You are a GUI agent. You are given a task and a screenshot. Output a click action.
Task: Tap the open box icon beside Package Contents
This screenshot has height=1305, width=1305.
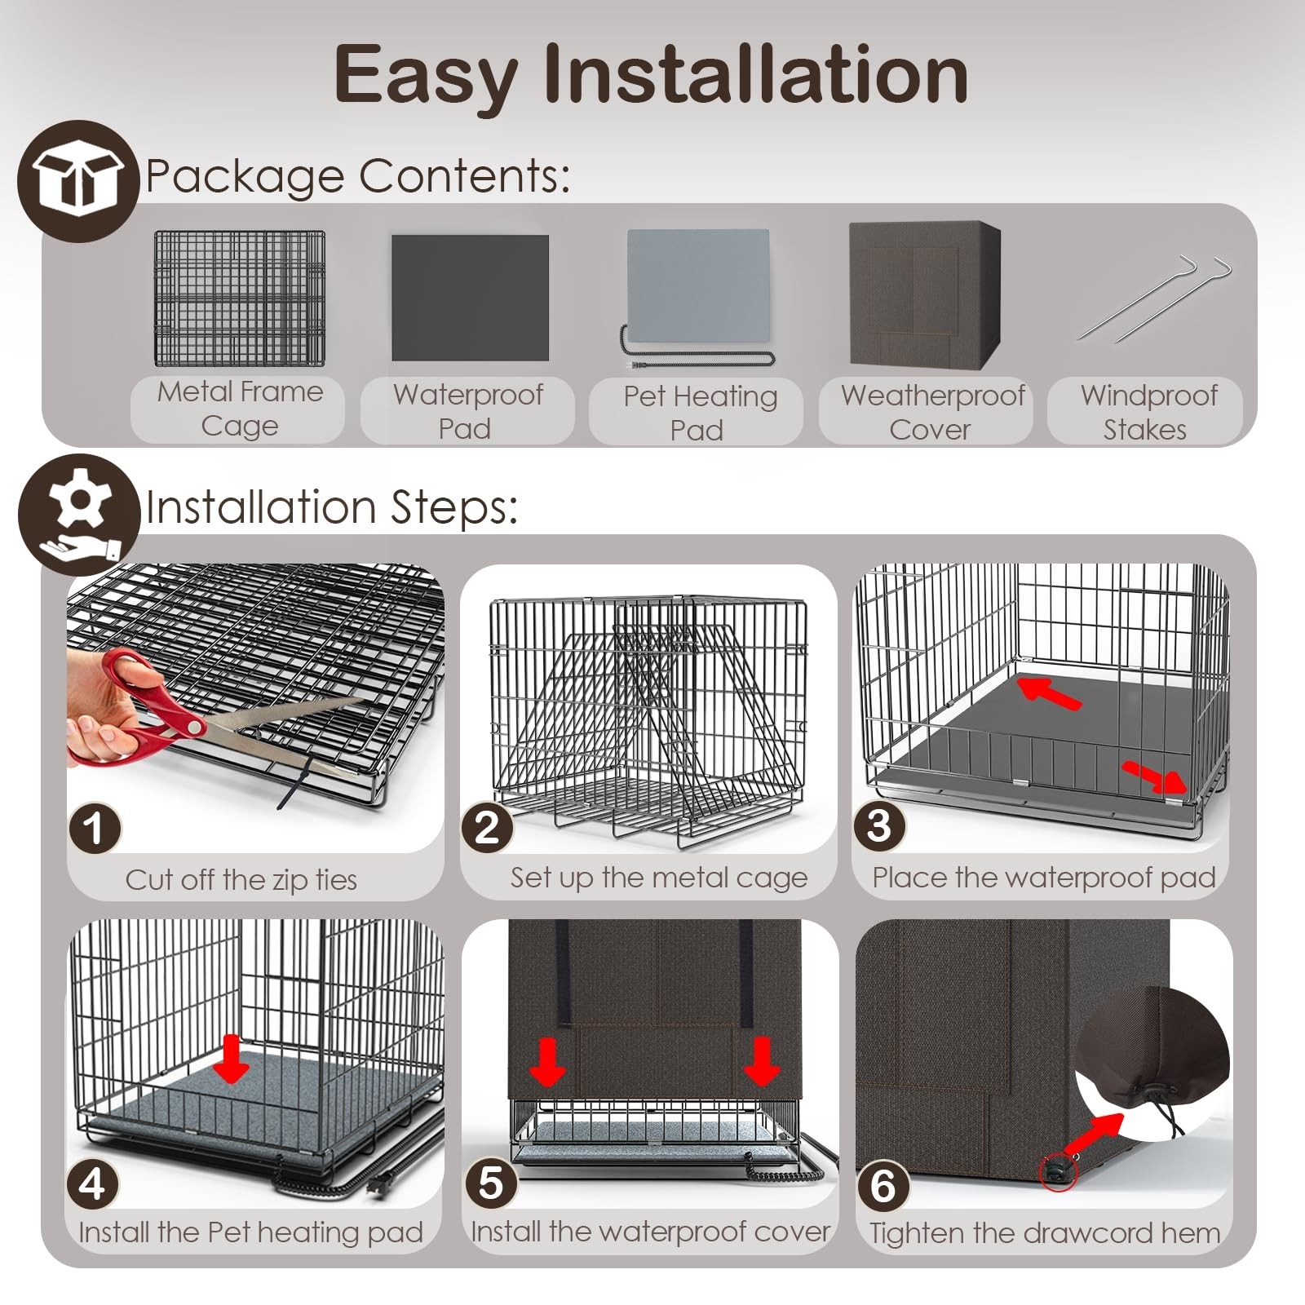79,181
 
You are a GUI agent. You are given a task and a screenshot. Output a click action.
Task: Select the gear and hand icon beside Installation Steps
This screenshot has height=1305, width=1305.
79,515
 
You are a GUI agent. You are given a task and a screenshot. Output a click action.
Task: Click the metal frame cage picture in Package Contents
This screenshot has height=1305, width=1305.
239,299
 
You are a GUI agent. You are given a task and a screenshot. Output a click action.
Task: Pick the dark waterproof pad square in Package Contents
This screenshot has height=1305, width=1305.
470,298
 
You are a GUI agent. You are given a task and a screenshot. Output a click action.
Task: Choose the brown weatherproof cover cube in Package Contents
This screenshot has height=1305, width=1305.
925,294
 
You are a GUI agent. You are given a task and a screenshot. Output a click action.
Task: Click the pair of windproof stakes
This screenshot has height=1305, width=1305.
1153,298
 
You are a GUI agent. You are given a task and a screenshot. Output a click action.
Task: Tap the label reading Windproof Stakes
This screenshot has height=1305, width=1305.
1148,412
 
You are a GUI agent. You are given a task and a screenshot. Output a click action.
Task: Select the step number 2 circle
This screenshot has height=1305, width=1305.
487,827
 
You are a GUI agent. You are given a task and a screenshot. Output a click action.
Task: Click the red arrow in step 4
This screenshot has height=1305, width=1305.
232,1059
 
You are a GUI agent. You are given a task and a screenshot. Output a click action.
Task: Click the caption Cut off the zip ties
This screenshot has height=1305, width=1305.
241,879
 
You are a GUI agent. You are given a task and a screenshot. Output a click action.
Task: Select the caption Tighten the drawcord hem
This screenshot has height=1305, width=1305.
1045,1232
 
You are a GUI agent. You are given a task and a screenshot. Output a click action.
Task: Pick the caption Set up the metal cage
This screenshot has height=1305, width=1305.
659,878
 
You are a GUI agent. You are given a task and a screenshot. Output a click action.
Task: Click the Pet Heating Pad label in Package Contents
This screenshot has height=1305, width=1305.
699,413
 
